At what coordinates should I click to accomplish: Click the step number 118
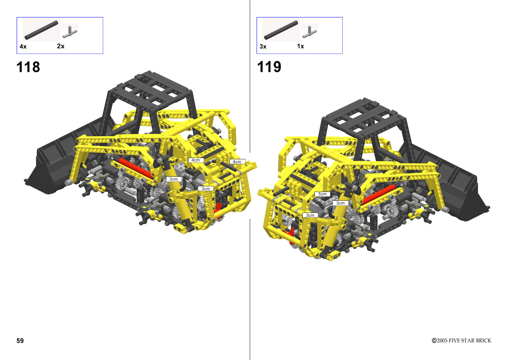pos(28,67)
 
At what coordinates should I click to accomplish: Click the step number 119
pos(269,67)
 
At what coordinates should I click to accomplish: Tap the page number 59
pos(20,340)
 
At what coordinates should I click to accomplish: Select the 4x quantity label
pos(23,47)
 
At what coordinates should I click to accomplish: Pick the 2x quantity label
pos(61,46)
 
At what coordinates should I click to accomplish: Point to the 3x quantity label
pos(263,47)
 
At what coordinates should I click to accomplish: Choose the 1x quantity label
pos(300,46)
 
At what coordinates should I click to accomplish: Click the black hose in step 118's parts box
pos(41,30)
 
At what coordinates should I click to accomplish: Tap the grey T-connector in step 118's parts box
pos(70,32)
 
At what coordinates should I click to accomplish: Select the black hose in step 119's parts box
pos(281,30)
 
